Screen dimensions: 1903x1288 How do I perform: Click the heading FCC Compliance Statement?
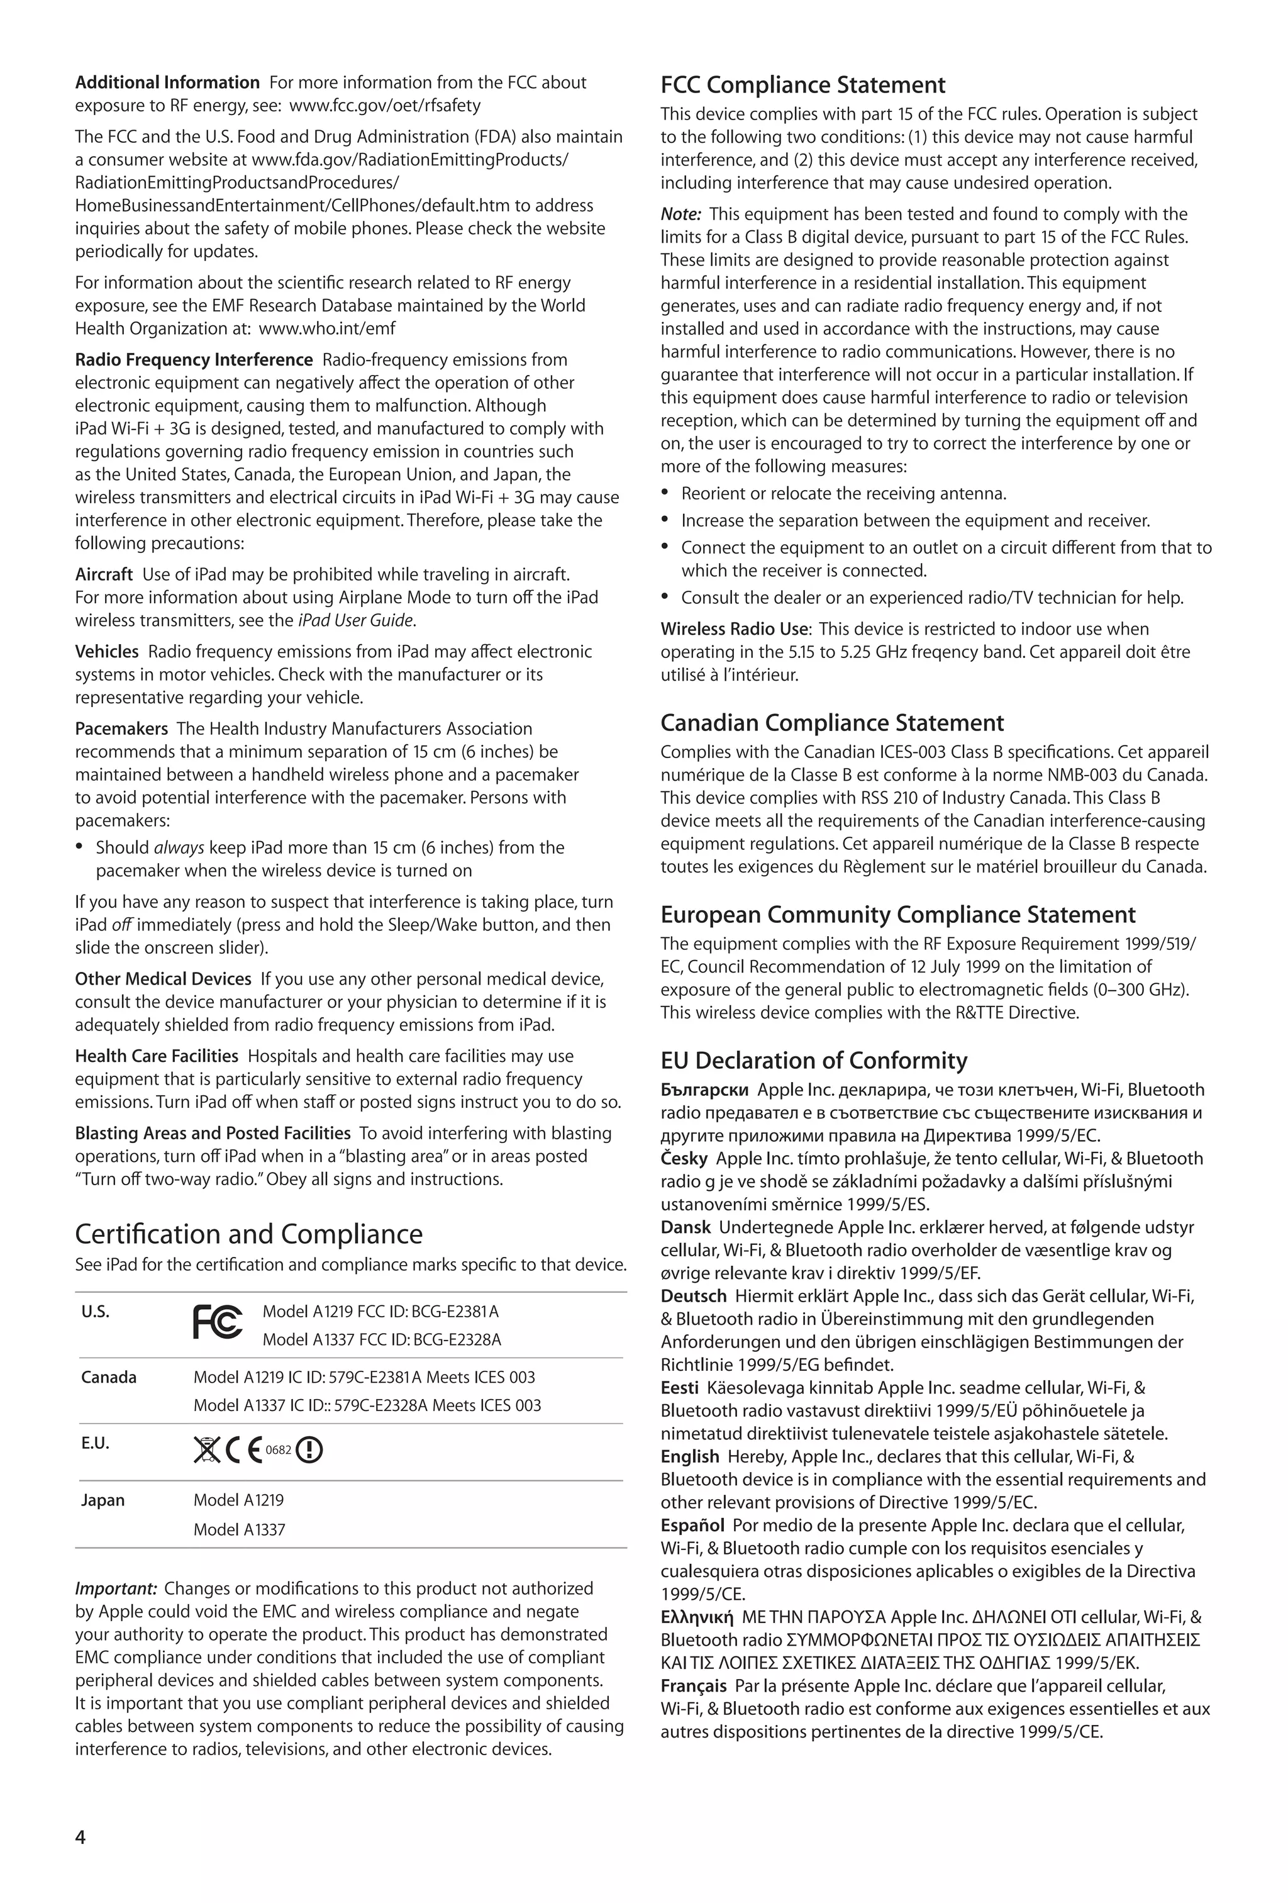802,85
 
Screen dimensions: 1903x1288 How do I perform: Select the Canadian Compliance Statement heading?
832,723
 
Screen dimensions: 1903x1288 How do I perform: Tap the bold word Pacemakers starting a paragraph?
121,728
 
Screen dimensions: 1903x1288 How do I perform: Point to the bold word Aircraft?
104,574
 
